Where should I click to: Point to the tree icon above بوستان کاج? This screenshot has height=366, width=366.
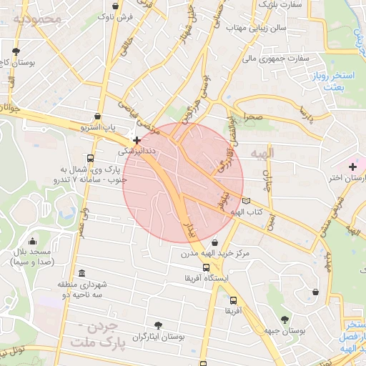click(x=16, y=51)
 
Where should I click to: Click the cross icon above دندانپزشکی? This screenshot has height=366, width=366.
click(x=137, y=141)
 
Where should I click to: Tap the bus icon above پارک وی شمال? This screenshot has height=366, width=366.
click(x=90, y=159)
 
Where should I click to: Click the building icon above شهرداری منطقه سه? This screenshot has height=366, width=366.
click(x=82, y=273)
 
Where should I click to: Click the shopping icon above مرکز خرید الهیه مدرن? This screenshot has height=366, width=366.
click(x=215, y=243)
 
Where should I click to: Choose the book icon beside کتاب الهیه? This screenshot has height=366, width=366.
click(x=247, y=201)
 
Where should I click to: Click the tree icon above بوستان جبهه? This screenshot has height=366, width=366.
click(x=285, y=319)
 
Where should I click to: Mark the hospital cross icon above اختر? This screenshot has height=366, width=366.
click(x=352, y=167)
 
